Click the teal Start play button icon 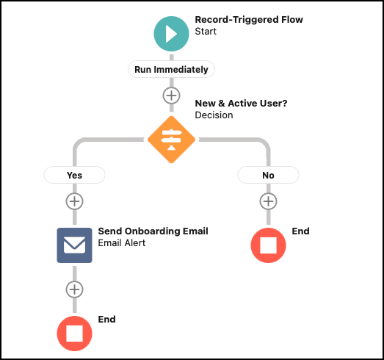pyautogui.click(x=171, y=34)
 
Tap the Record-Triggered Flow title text pyautogui.click(x=249, y=20)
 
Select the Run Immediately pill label pyautogui.click(x=171, y=69)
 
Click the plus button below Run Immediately pyautogui.click(x=171, y=96)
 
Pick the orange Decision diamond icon pyautogui.click(x=171, y=140)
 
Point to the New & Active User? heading pyautogui.click(x=241, y=104)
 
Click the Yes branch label pyautogui.click(x=74, y=175)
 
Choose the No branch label pyautogui.click(x=268, y=175)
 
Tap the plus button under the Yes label pyautogui.click(x=74, y=201)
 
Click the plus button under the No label pyautogui.click(x=268, y=201)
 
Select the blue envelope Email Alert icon pyautogui.click(x=74, y=245)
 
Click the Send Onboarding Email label pyautogui.click(x=153, y=231)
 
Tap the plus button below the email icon pyautogui.click(x=74, y=289)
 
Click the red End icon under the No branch pyautogui.click(x=268, y=245)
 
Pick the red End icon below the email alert pyautogui.click(x=74, y=334)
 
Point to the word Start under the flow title pyautogui.click(x=206, y=32)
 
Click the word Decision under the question pyautogui.click(x=214, y=115)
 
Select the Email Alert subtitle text pyautogui.click(x=122, y=243)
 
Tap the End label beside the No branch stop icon pyautogui.click(x=300, y=231)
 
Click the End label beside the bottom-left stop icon pyautogui.click(x=106, y=320)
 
